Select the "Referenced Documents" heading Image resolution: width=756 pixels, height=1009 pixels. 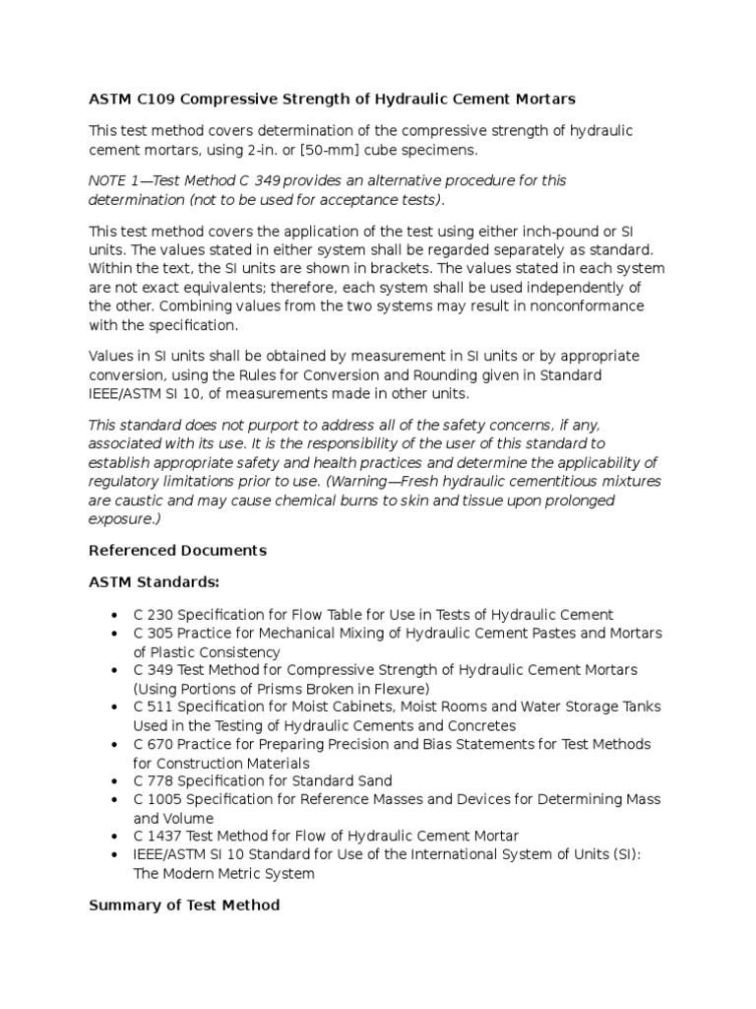point(177,550)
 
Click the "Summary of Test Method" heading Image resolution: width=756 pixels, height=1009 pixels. point(184,905)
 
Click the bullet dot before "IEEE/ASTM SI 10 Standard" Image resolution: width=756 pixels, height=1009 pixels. point(117,855)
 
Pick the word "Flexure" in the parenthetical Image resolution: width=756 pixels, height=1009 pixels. point(401,688)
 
